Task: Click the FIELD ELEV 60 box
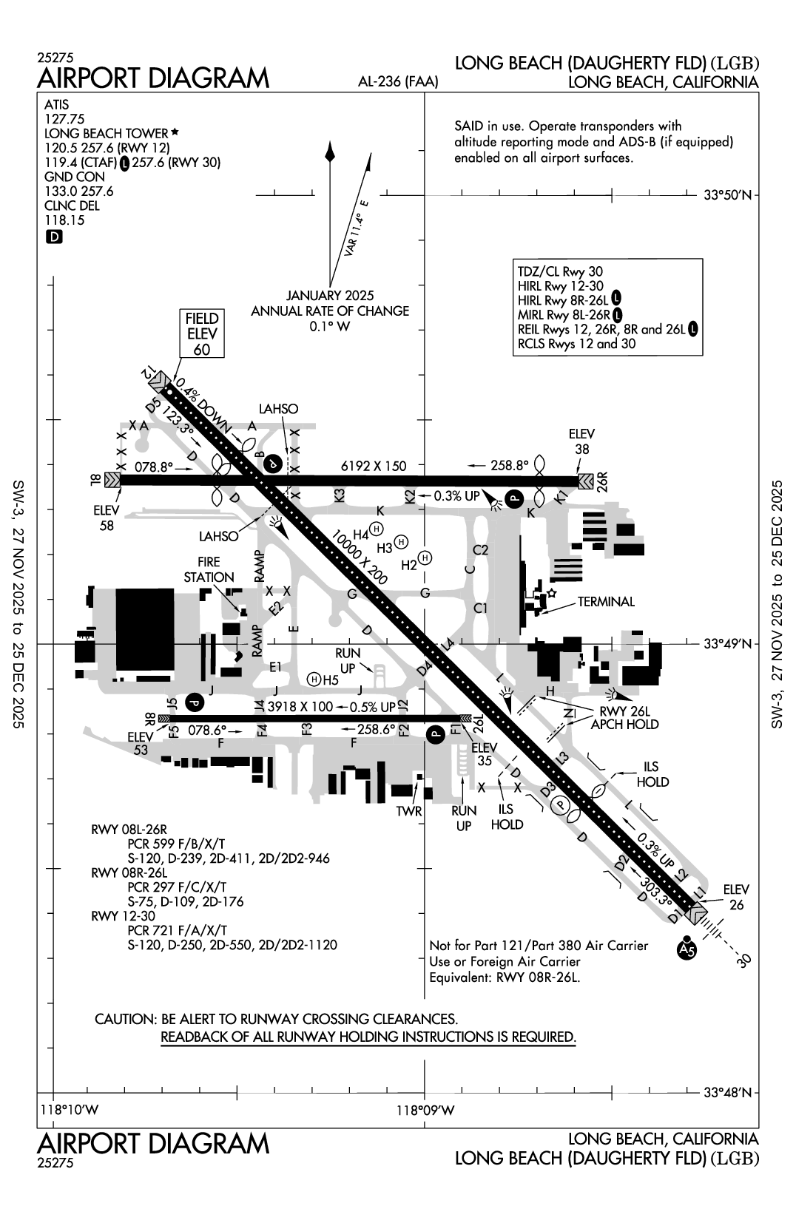coord(202,333)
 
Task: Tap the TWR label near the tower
coord(408,811)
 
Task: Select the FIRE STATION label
coord(209,569)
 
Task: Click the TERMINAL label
coord(606,602)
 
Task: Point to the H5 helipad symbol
coord(315,679)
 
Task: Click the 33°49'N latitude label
coord(728,644)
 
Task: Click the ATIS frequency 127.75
coord(64,119)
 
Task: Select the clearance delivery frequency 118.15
coord(64,220)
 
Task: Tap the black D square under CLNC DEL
coord(54,237)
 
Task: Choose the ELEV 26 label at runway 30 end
coord(736,897)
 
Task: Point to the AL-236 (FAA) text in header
coord(397,82)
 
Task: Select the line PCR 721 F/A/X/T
coord(177,930)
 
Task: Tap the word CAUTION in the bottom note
coord(124,1020)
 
